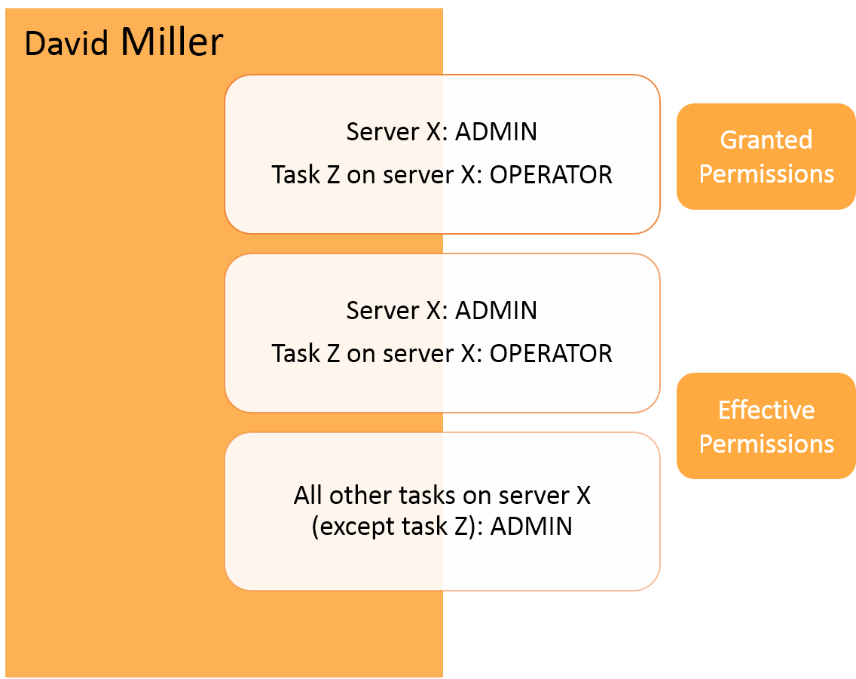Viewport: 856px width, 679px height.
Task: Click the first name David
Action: coord(67,44)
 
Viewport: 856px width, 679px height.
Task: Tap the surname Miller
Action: coord(172,41)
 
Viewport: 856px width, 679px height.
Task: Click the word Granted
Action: coord(766,140)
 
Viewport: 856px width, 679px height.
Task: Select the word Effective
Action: coord(766,410)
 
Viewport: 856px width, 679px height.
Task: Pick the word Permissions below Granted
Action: coord(766,174)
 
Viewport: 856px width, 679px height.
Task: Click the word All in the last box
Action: coord(308,496)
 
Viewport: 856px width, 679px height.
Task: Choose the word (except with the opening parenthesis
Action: coord(347,526)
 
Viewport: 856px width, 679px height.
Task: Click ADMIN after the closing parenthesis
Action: coord(531,526)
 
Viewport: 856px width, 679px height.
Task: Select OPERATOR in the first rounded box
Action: coord(551,175)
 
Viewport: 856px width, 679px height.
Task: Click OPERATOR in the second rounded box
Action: coord(551,353)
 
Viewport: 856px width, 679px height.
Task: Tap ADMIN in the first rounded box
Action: coord(496,132)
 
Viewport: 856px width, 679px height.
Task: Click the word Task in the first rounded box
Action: coord(295,175)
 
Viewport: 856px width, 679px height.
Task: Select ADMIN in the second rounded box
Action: coord(496,310)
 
